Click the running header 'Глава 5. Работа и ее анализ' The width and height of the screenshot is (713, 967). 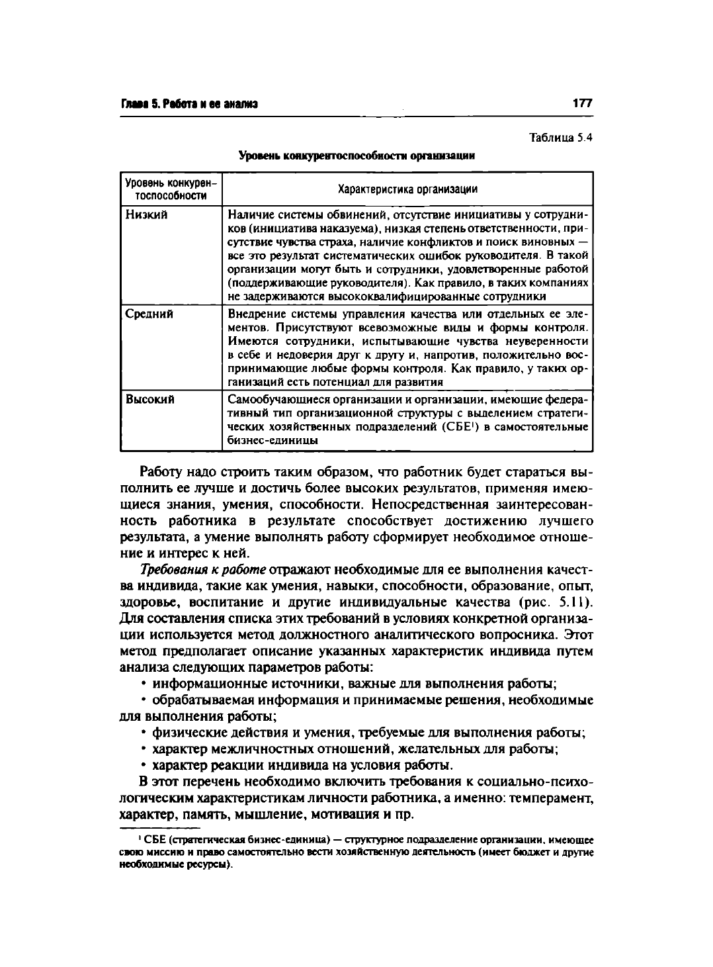(189, 104)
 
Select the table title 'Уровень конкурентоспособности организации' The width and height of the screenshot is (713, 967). (357, 156)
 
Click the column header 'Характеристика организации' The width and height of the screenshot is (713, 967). (407, 189)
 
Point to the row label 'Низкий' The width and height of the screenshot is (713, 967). (146, 214)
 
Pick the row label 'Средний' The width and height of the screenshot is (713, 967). (149, 314)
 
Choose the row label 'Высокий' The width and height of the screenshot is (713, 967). (150, 400)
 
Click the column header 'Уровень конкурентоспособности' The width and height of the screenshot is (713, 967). (171, 189)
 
